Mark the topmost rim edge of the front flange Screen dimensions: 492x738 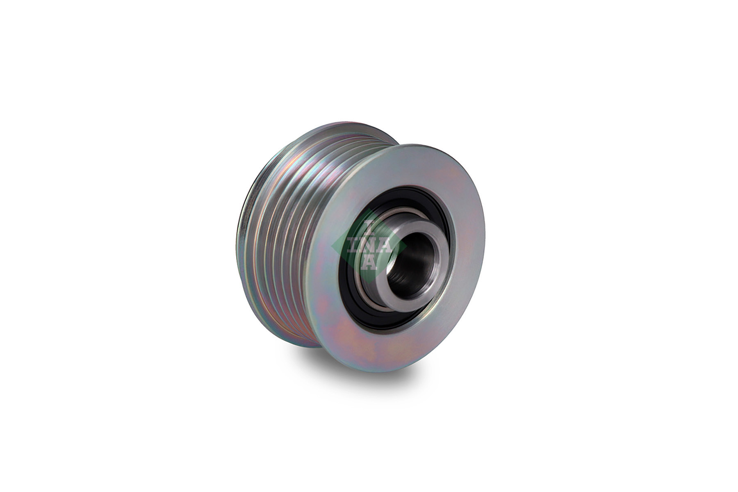pos(414,145)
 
